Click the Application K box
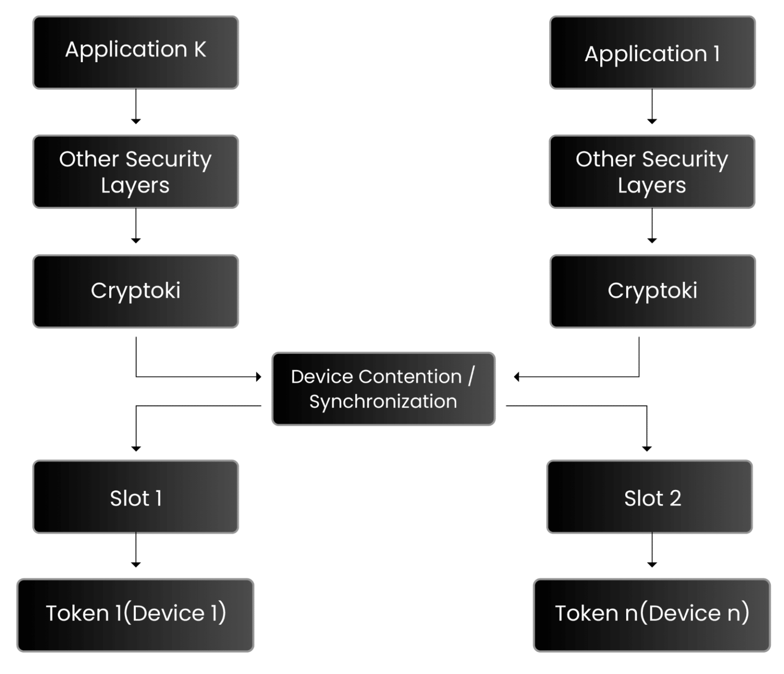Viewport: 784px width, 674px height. [x=136, y=53]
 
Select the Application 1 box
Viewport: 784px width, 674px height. [x=652, y=53]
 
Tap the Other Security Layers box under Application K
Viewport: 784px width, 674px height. [x=136, y=172]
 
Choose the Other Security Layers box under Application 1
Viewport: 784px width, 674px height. [x=652, y=172]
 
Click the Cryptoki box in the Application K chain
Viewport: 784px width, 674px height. [x=136, y=291]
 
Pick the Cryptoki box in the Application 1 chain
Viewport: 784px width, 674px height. [x=652, y=291]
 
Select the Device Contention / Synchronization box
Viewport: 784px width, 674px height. [x=383, y=389]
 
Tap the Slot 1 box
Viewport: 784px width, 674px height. [x=136, y=497]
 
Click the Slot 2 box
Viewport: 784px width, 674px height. [x=650, y=497]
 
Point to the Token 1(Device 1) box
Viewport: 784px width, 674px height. [x=135, y=614]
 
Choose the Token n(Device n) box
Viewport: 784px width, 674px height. [x=652, y=614]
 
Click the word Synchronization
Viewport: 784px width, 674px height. [x=383, y=402]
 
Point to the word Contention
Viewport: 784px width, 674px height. [x=410, y=377]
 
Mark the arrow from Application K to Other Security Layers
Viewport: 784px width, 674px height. [x=136, y=107]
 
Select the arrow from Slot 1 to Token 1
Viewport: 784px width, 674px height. [x=136, y=551]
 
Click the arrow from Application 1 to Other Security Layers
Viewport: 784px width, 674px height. [x=652, y=107]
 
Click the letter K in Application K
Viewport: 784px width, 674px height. [x=200, y=49]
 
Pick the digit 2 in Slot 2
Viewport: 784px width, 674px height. [x=675, y=499]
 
